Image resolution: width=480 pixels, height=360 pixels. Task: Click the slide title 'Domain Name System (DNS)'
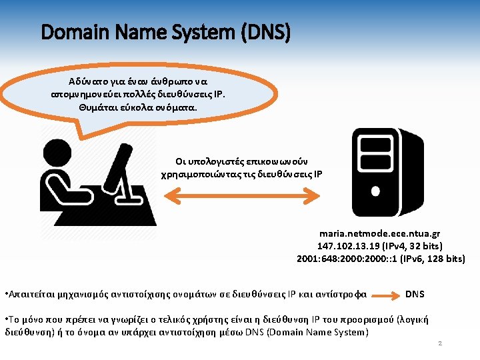tap(165, 31)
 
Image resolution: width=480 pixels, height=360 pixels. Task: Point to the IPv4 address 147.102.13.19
tap(349, 246)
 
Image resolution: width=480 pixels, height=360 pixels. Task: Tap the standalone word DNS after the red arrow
tap(415, 293)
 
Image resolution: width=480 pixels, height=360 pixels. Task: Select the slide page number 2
tap(439, 343)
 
